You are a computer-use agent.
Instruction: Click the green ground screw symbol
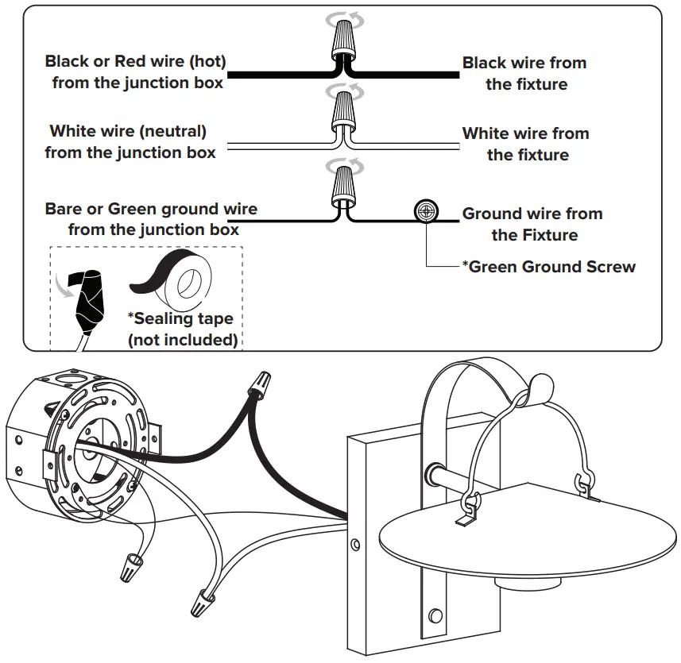point(426,212)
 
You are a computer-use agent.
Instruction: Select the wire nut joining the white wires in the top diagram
point(345,111)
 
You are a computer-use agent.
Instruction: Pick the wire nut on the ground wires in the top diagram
point(345,186)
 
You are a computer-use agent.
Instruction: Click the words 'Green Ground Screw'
point(552,267)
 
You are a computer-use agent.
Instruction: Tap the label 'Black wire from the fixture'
point(524,73)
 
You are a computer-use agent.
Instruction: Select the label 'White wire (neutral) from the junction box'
point(130,141)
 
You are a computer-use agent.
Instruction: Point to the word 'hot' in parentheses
point(208,61)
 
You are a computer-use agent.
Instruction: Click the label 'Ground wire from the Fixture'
point(532,224)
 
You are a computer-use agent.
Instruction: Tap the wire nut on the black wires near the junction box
point(260,384)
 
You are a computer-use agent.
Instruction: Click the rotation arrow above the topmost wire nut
point(345,20)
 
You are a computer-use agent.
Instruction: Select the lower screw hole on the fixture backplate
point(435,615)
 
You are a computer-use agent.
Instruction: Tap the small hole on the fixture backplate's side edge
point(355,544)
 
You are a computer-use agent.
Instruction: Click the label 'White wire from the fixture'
point(525,144)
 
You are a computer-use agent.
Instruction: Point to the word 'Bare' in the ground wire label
point(64,209)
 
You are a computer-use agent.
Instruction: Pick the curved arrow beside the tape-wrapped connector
point(63,286)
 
